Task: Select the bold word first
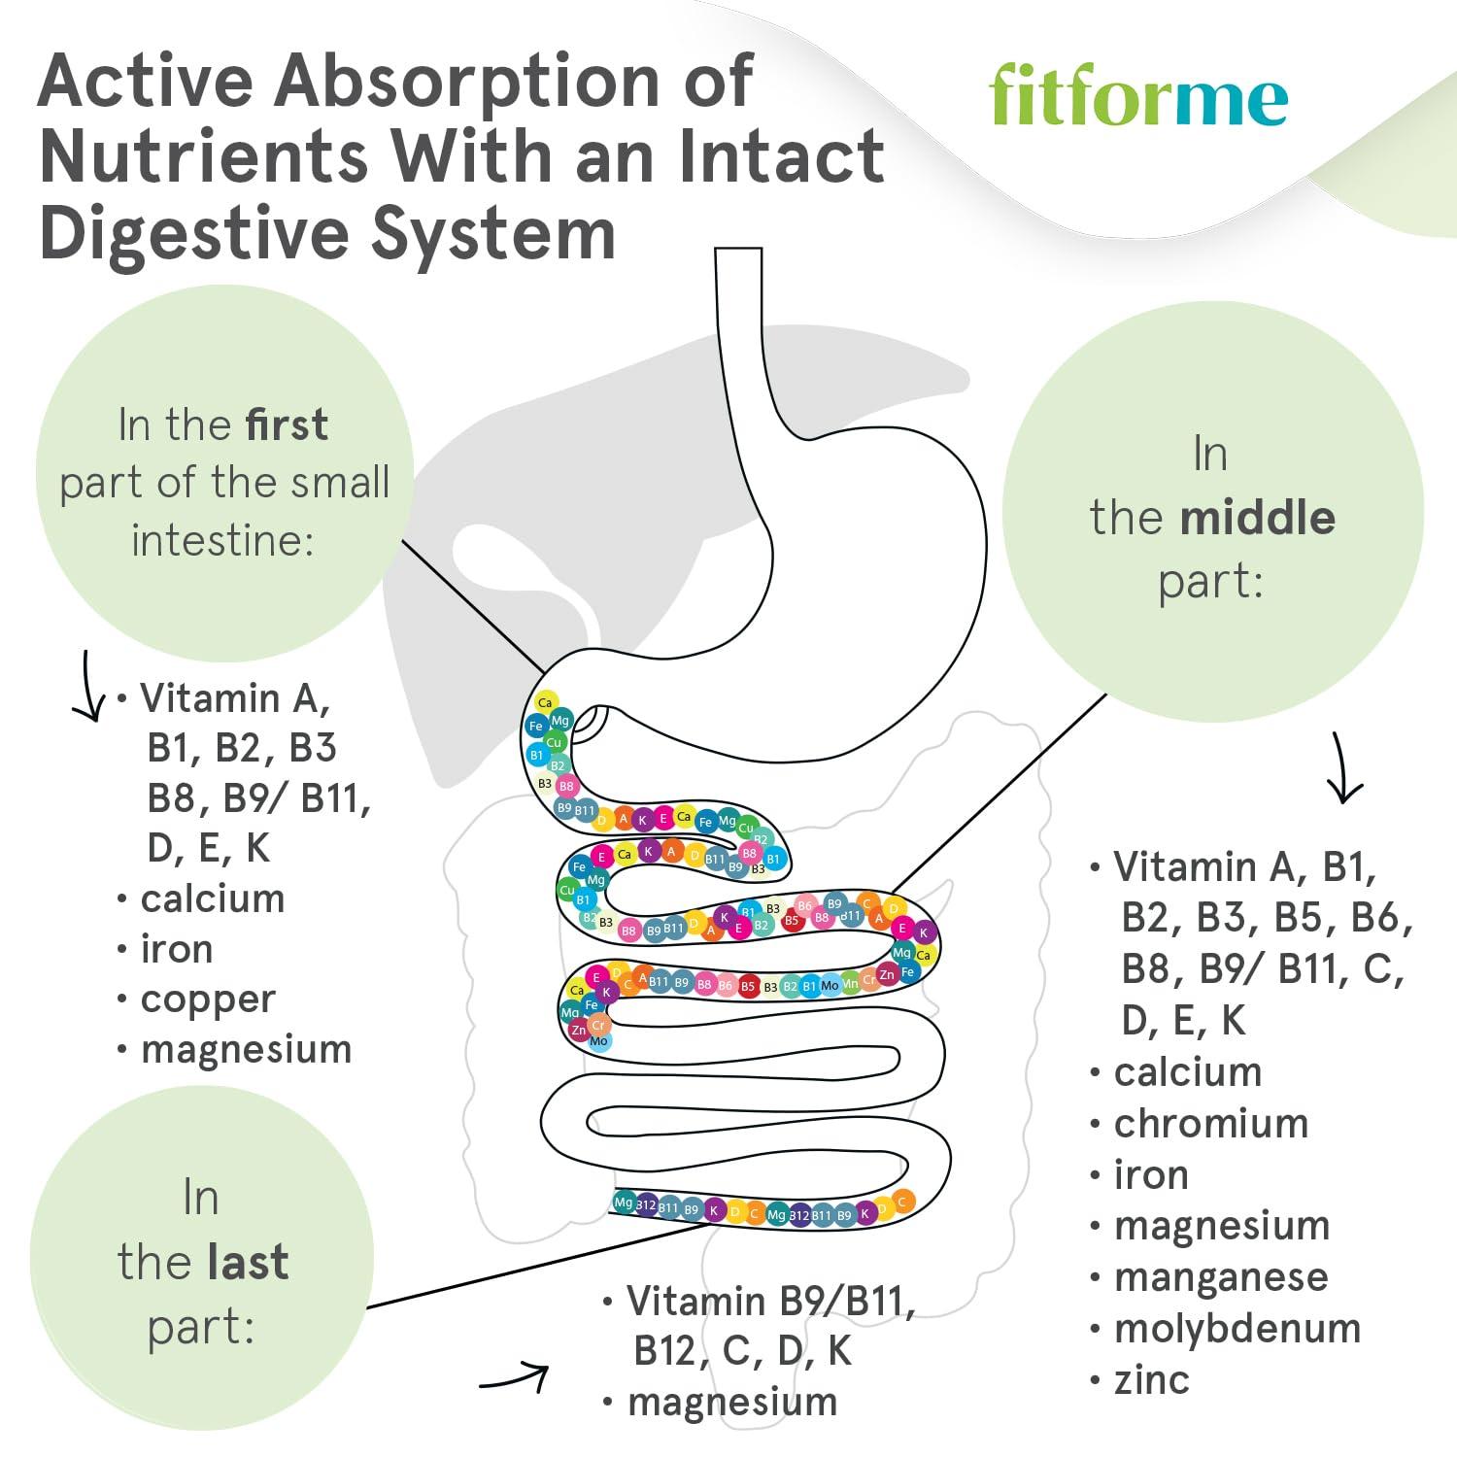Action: tap(287, 425)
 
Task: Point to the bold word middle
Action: tap(1258, 517)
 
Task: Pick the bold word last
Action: tap(247, 1262)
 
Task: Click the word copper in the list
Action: tap(208, 999)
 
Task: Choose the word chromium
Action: tap(1211, 1123)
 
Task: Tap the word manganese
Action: tap(1221, 1276)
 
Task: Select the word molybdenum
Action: tap(1237, 1328)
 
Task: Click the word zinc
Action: tap(1151, 1379)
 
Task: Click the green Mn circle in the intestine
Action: tap(851, 984)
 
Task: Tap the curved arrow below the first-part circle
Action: tap(89, 688)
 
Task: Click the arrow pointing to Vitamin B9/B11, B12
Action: tap(515, 1378)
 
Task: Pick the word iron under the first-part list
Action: tap(176, 948)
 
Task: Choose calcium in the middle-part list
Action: tap(1187, 1071)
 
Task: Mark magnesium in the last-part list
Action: tap(732, 1402)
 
